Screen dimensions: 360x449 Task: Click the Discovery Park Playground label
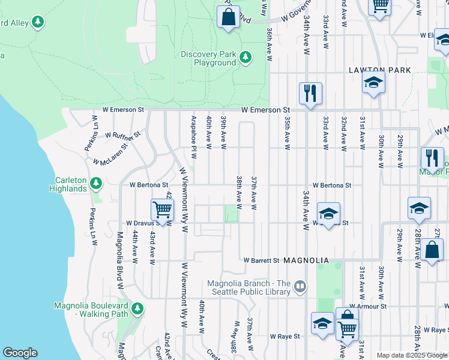[x=208, y=58]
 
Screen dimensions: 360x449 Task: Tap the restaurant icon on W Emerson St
[x=310, y=93]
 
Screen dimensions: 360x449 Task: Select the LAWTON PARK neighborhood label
[x=381, y=70]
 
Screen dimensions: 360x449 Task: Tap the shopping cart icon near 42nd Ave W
[x=162, y=210]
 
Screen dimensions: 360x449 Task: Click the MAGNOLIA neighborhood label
[x=306, y=260]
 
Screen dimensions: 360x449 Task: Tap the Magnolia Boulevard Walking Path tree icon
[x=137, y=309]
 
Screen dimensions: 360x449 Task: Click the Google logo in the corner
[x=20, y=353]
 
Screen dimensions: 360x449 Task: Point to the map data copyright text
[x=412, y=355]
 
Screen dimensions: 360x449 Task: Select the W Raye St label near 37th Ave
[x=285, y=337]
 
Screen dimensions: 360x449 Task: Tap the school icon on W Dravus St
[x=328, y=214]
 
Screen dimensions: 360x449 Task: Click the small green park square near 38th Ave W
[x=231, y=214]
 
